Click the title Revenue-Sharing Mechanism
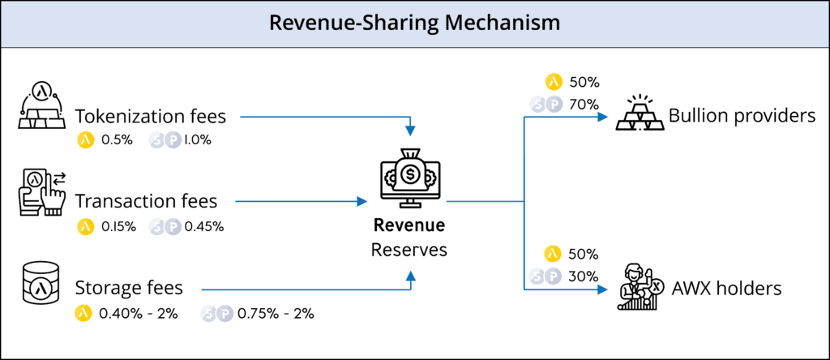(414, 23)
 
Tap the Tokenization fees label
(150, 117)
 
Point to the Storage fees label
(129, 288)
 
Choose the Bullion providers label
(741, 116)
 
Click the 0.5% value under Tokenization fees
(115, 139)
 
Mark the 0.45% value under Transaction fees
(203, 226)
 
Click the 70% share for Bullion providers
(584, 104)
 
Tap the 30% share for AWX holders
(584, 276)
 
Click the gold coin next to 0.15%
(85, 226)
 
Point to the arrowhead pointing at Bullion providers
(603, 117)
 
